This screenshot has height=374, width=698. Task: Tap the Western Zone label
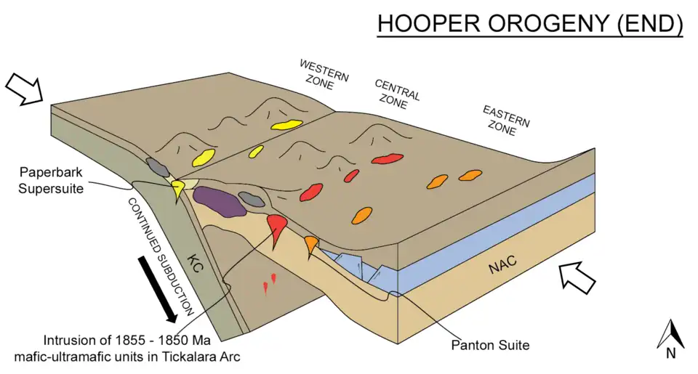[324, 74]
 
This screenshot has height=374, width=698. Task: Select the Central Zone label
[397, 90]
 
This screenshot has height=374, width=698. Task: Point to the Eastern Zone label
[506, 120]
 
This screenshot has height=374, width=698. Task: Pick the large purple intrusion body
[217, 202]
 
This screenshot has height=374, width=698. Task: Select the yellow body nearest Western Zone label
[287, 124]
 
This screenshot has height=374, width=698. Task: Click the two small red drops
[269, 283]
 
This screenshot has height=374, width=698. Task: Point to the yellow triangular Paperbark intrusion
[177, 190]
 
